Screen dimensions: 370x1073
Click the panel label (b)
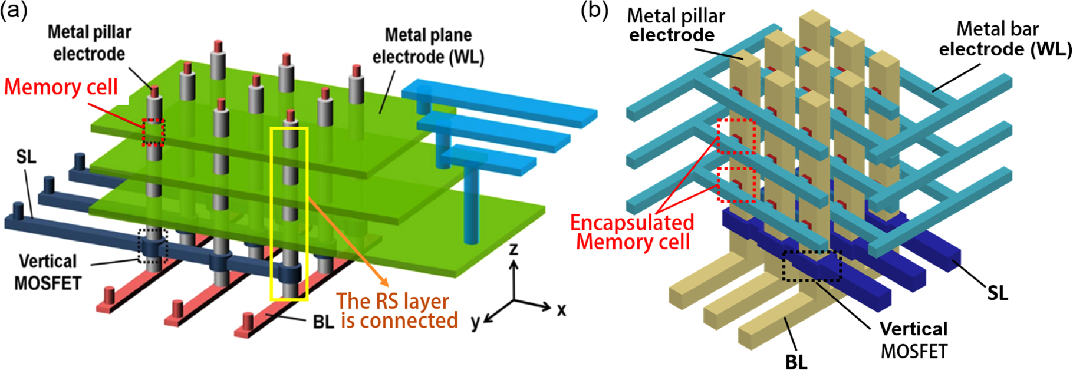pos(594,11)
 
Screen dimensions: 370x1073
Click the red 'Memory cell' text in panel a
pos(61,87)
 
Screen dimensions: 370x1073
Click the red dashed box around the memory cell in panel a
pos(153,132)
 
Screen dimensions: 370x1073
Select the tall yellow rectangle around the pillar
pos(289,213)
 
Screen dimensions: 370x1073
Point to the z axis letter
pos(514,250)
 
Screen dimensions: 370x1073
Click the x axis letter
pos(561,310)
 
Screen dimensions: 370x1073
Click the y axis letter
pos(475,322)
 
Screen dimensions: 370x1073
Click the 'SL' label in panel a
pos(26,157)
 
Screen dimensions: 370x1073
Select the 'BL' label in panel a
pos(323,322)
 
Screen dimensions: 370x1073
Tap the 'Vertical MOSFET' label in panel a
pos(48,272)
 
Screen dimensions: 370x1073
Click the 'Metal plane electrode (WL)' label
pos(428,46)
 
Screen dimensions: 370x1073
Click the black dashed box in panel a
pos(153,246)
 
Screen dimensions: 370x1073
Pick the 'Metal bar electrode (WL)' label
pos(1005,39)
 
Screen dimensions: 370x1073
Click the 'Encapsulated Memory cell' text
pos(632,232)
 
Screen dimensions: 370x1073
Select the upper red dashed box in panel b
pos(736,136)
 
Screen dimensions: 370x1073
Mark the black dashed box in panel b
pos(812,266)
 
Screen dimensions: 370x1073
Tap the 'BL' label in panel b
pos(796,361)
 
